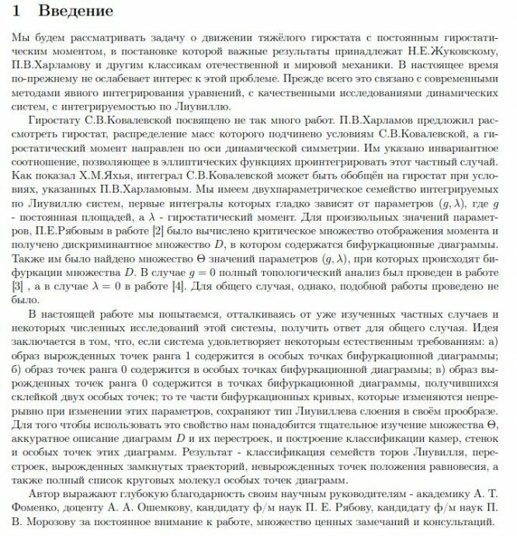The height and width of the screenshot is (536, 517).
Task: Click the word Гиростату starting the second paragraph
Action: pos(55,121)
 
